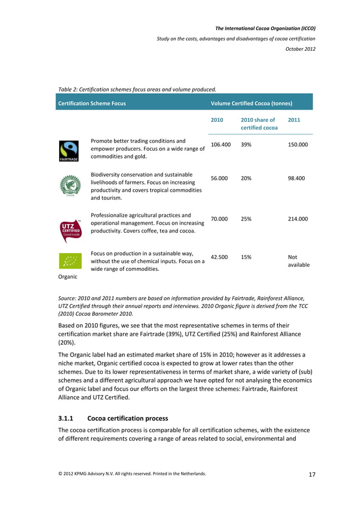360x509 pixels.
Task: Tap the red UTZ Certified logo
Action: [x=71, y=231]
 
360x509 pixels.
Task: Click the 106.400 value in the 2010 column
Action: [x=221, y=145]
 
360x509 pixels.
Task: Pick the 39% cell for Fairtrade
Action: [x=246, y=145]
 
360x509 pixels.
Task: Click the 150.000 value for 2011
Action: [x=298, y=145]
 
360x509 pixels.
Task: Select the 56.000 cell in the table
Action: [x=219, y=178]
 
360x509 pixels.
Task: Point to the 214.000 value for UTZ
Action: [x=298, y=218]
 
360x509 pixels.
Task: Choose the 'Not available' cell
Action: [x=298, y=261]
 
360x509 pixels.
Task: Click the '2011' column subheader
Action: [x=294, y=120]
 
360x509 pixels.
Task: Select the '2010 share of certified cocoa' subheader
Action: [x=259, y=124]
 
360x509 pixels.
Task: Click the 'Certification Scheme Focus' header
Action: [x=91, y=103]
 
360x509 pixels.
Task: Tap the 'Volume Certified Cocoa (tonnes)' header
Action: [x=251, y=103]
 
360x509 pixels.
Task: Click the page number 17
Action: [x=311, y=474]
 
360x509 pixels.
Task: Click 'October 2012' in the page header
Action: [x=300, y=49]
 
